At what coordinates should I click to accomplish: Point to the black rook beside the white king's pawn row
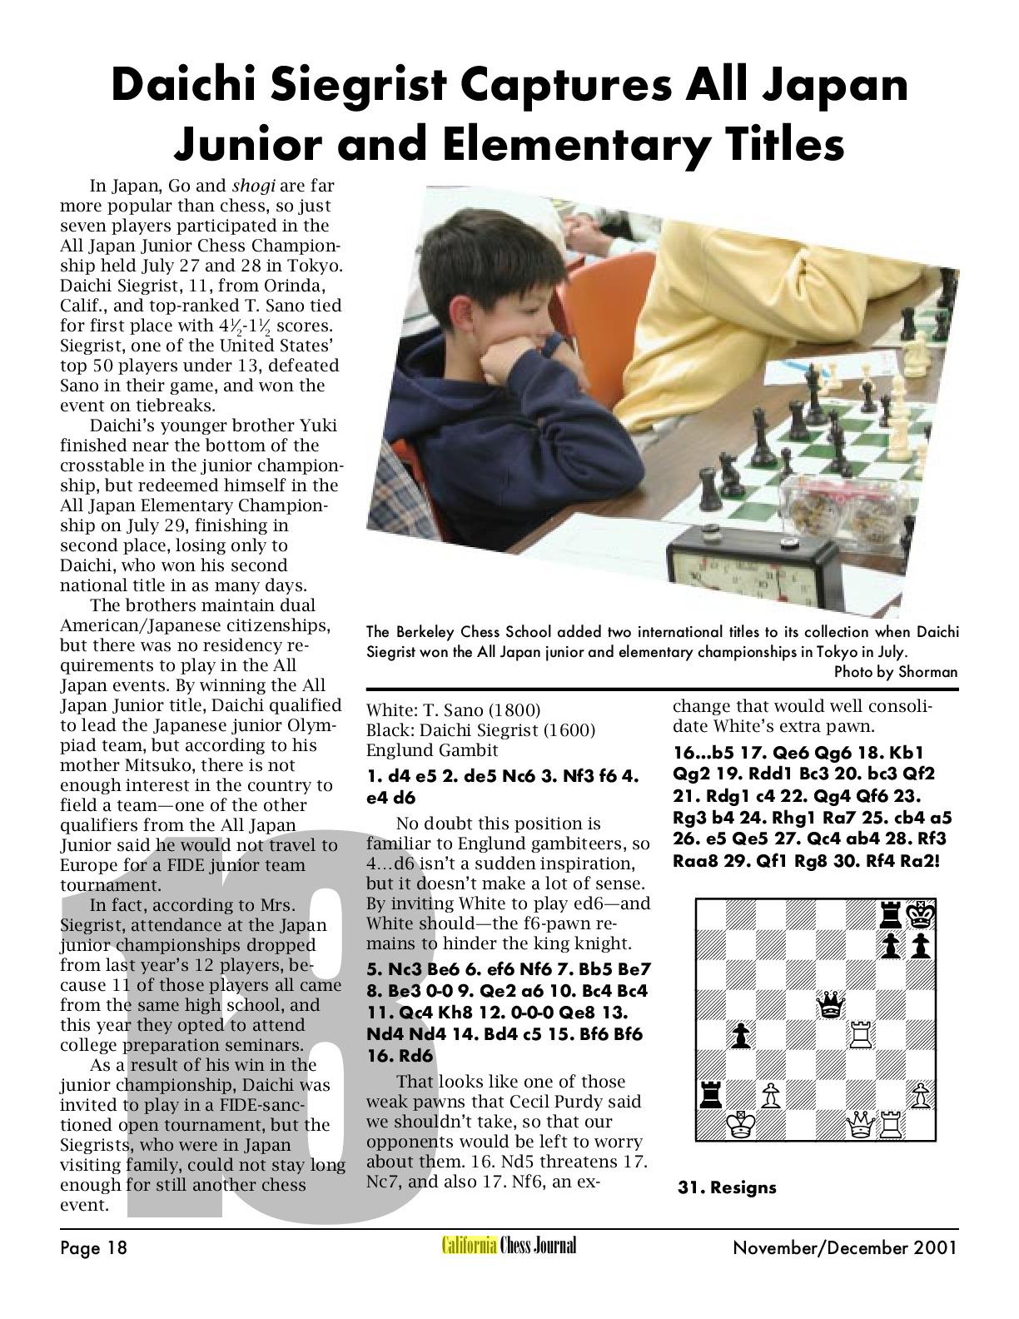[x=710, y=1095]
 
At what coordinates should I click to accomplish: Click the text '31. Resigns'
[x=727, y=1187]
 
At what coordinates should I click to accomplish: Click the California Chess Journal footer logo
[x=509, y=1246]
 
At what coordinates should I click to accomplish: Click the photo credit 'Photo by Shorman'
[x=895, y=671]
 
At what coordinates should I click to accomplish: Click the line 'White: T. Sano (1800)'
[x=454, y=710]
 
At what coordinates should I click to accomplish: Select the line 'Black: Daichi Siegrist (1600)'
[x=480, y=730]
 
